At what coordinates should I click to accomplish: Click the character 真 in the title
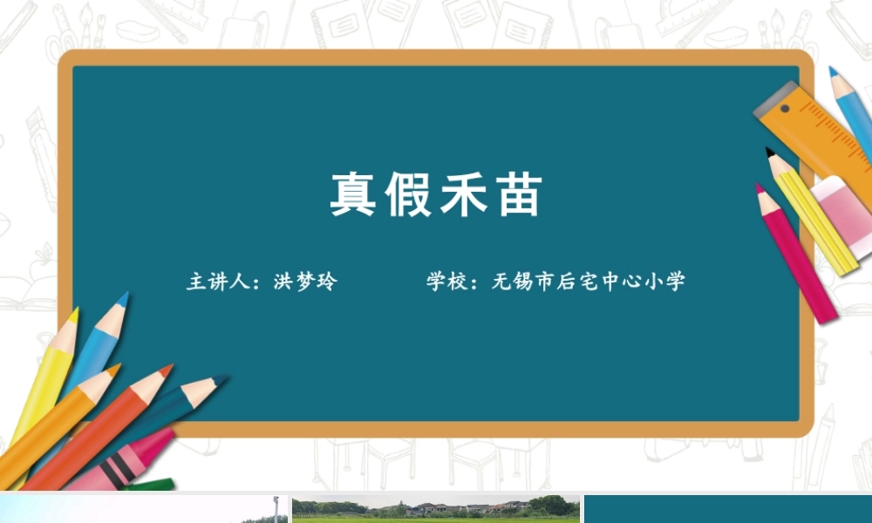pyautogui.click(x=353, y=194)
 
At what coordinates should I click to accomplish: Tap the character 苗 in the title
pyautogui.click(x=517, y=194)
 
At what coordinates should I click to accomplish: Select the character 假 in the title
pyautogui.click(x=408, y=194)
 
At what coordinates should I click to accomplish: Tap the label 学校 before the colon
pyautogui.click(x=446, y=282)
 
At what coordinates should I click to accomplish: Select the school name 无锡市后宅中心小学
pyautogui.click(x=588, y=282)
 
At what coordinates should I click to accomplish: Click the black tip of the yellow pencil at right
pyautogui.click(x=771, y=153)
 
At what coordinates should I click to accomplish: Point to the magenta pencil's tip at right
pyautogui.click(x=760, y=187)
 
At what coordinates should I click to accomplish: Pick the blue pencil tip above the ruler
pyautogui.click(x=833, y=71)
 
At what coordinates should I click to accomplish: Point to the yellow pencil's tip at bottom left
pyautogui.click(x=73, y=313)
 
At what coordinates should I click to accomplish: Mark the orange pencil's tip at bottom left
pyautogui.click(x=112, y=370)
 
